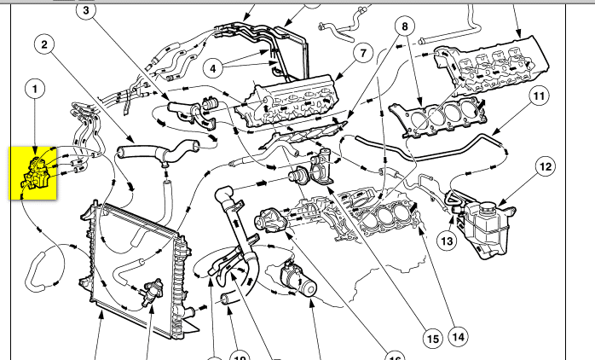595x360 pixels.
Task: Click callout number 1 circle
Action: pos(35,88)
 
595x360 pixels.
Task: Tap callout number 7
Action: pos(361,53)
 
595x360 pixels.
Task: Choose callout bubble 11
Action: pos(537,96)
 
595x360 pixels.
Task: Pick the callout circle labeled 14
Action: pos(459,337)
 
